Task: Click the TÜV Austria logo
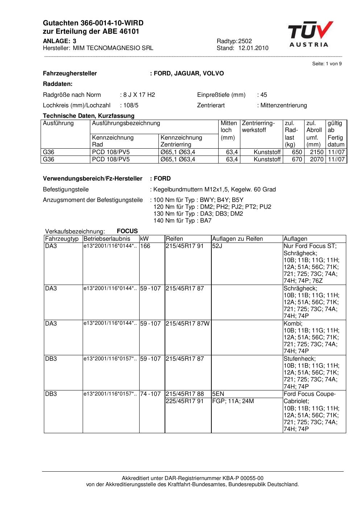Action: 310,34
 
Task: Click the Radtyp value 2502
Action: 245,41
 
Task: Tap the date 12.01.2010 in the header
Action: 253,48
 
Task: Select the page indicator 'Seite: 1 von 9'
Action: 327,64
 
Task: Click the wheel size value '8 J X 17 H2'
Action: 139,95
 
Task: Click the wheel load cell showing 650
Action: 297,152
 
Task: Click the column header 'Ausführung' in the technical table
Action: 58,123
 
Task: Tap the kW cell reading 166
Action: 145,246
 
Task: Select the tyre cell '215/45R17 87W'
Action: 187,323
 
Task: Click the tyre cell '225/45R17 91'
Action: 185,401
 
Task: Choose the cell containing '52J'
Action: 217,246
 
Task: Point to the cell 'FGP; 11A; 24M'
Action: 233,401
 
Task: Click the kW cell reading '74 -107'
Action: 150,394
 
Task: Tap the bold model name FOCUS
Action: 127,231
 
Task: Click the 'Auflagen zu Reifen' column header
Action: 237,239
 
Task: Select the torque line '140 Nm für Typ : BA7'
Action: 182,220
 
